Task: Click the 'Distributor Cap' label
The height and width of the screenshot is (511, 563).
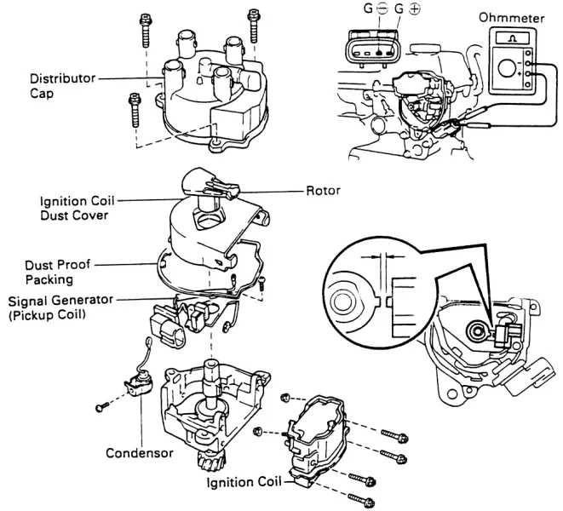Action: [62, 86]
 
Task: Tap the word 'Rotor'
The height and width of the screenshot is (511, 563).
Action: [323, 190]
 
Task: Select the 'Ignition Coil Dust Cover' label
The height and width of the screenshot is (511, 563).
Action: [77, 208]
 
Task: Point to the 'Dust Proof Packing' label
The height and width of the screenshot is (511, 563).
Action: [57, 272]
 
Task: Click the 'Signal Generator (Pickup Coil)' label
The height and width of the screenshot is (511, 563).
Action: [60, 307]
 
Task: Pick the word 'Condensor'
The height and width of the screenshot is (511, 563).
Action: [140, 453]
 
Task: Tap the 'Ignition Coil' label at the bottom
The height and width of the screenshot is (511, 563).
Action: [244, 482]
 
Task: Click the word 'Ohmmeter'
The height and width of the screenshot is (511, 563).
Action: [511, 18]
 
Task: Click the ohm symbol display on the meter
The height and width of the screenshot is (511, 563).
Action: [513, 38]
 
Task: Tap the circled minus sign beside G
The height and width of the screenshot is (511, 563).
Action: [382, 9]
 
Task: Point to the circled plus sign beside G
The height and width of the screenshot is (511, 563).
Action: [414, 9]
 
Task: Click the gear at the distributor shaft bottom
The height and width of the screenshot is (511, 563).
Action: [211, 461]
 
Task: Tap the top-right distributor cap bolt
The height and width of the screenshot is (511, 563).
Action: [254, 26]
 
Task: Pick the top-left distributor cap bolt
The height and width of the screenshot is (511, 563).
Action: [145, 31]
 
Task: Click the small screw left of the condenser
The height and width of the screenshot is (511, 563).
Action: [102, 406]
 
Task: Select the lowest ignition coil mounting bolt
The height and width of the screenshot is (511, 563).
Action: [362, 500]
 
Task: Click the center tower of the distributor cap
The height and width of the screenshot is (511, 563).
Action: [206, 67]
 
